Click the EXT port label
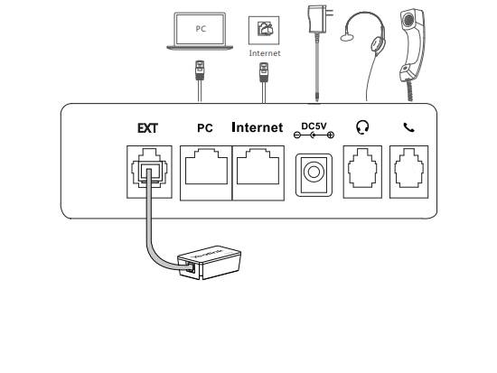(x=147, y=128)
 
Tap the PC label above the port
(x=205, y=128)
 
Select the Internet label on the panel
(x=258, y=127)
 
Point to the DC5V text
(x=314, y=126)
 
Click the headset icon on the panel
(x=362, y=127)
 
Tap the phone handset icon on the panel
(x=408, y=127)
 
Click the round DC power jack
(x=314, y=173)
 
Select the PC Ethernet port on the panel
(x=206, y=173)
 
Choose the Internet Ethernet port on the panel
(x=258, y=173)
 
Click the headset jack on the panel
(x=362, y=173)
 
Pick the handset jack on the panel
(x=408, y=173)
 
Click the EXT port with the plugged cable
(x=149, y=173)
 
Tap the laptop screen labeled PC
(x=201, y=29)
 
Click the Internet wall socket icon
(x=264, y=31)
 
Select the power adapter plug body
(x=318, y=19)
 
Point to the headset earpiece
(x=378, y=44)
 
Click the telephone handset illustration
(x=411, y=44)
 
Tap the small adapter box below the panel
(x=210, y=263)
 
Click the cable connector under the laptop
(x=200, y=70)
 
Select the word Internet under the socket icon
(x=265, y=53)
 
